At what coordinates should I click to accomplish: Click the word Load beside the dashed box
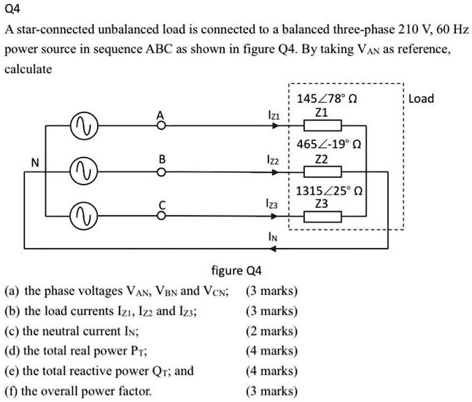pos(421,98)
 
